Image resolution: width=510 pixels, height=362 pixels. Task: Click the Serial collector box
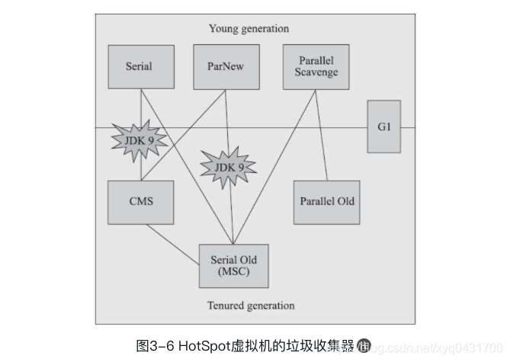point(139,66)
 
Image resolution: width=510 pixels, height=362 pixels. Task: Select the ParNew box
point(226,66)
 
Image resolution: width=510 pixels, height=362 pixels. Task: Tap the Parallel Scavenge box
point(311,66)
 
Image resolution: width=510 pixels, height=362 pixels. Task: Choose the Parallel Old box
point(326,201)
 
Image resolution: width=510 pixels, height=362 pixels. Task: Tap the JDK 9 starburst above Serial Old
point(227,167)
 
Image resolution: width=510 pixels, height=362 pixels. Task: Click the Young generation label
point(249,29)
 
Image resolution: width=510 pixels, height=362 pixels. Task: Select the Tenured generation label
point(251,306)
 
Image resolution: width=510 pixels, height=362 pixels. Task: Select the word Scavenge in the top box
point(311,72)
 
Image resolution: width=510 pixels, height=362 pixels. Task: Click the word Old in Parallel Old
point(345,201)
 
